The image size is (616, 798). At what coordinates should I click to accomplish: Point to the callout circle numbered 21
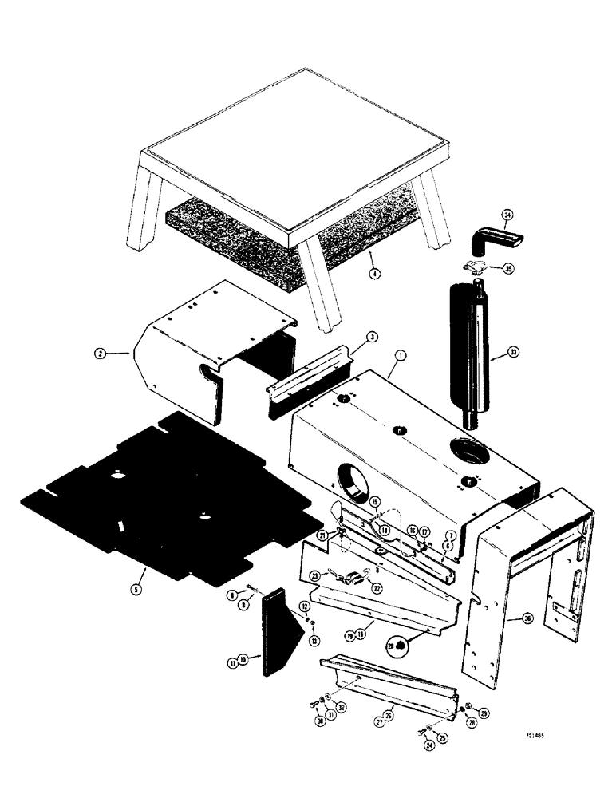click(x=322, y=535)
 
